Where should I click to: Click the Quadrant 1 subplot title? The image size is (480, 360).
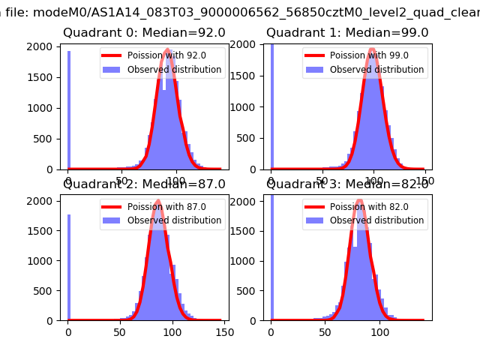[347, 33]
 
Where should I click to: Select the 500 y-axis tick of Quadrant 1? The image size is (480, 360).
[248, 139]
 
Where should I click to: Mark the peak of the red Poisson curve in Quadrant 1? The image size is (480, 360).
[373, 50]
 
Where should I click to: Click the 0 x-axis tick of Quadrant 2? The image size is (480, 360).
[68, 331]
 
